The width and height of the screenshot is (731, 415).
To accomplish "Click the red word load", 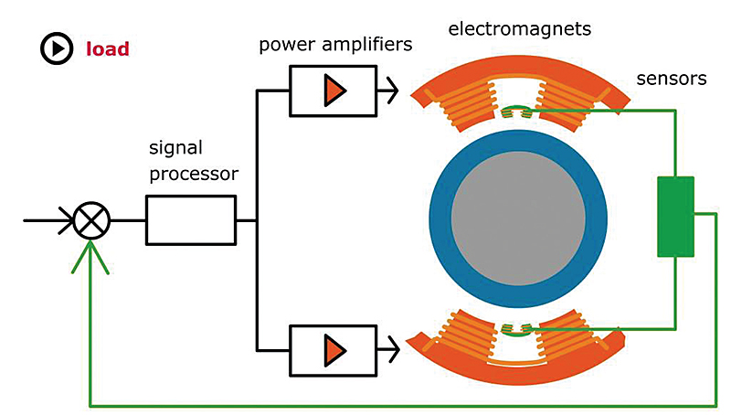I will (108, 48).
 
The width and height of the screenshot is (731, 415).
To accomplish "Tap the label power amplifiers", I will (335, 44).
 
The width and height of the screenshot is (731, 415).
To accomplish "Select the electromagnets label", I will (520, 28).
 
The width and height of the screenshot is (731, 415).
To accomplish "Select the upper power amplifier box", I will (333, 90).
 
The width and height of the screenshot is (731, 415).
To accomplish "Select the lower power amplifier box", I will (333, 348).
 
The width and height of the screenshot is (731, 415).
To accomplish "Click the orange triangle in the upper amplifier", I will (336, 90).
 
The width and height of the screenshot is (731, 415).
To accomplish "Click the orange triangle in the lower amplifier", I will (336, 348).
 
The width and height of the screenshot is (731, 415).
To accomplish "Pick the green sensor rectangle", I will (675, 216).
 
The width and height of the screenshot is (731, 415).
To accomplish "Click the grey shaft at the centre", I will (515, 218).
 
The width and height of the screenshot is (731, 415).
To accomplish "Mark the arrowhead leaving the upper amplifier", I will (391, 90).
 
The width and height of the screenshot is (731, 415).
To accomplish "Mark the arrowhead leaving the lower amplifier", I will (391, 348).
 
